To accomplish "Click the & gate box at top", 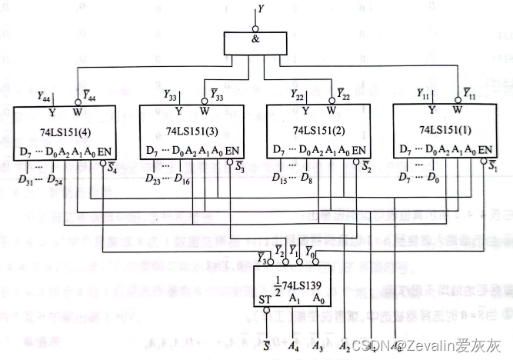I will pos(254,45).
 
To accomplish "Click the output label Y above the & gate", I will pos(261,10).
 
